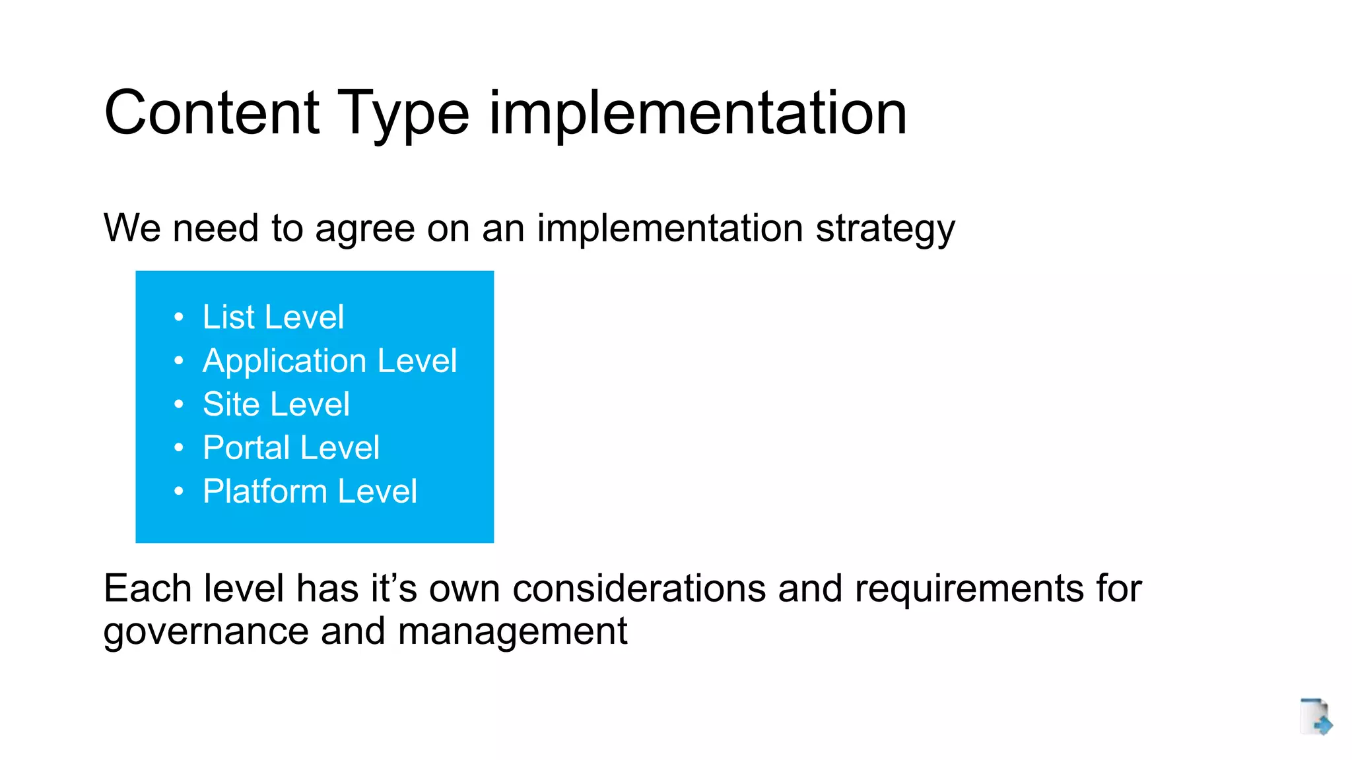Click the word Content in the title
[212, 113]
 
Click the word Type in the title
[403, 113]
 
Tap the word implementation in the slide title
[698, 113]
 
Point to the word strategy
[885, 230]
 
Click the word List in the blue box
[228, 317]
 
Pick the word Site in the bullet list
[231, 404]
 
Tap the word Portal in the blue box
[246, 448]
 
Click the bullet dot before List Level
[178, 318]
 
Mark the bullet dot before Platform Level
[178, 492]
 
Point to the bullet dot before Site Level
[178, 405]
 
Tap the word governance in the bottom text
[206, 632]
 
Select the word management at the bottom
[512, 632]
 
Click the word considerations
[639, 588]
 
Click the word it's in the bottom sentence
[393, 588]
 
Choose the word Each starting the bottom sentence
[147, 588]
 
